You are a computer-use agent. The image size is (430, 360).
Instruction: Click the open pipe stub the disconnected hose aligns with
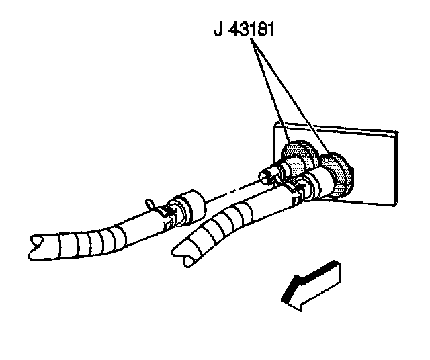(267, 177)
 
